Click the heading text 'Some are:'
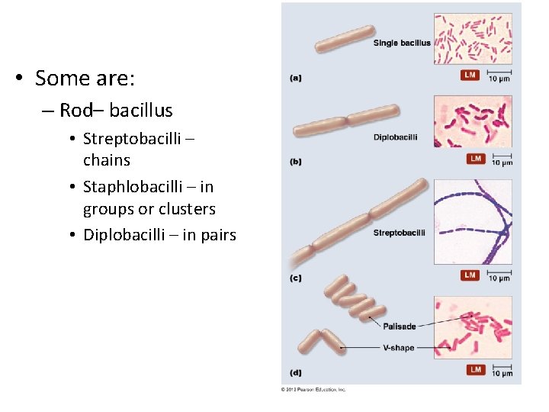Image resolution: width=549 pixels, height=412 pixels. pyautogui.click(x=85, y=78)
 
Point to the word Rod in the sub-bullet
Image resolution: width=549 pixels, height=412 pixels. pyautogui.click(x=75, y=111)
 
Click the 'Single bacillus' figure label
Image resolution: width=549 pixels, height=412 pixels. pyautogui.click(x=402, y=43)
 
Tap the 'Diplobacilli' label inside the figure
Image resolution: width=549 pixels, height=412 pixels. pyautogui.click(x=395, y=137)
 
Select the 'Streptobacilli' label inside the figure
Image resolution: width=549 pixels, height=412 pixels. pyautogui.click(x=399, y=233)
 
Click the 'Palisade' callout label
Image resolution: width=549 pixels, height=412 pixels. pyautogui.click(x=400, y=327)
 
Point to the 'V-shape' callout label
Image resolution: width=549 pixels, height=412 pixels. pyautogui.click(x=399, y=348)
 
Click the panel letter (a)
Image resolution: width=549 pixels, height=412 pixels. pyautogui.click(x=296, y=78)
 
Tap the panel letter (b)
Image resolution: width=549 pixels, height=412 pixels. pyautogui.click(x=296, y=162)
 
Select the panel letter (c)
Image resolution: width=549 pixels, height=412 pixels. pyautogui.click(x=296, y=278)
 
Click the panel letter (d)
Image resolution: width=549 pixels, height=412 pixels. pyautogui.click(x=296, y=373)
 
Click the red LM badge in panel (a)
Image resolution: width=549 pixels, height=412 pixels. pyautogui.click(x=470, y=75)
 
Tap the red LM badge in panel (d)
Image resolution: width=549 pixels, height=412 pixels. pyautogui.click(x=476, y=370)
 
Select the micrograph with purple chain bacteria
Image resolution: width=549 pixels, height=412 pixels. pyautogui.click(x=473, y=221)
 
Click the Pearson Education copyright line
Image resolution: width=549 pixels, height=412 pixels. pyautogui.click(x=313, y=389)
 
